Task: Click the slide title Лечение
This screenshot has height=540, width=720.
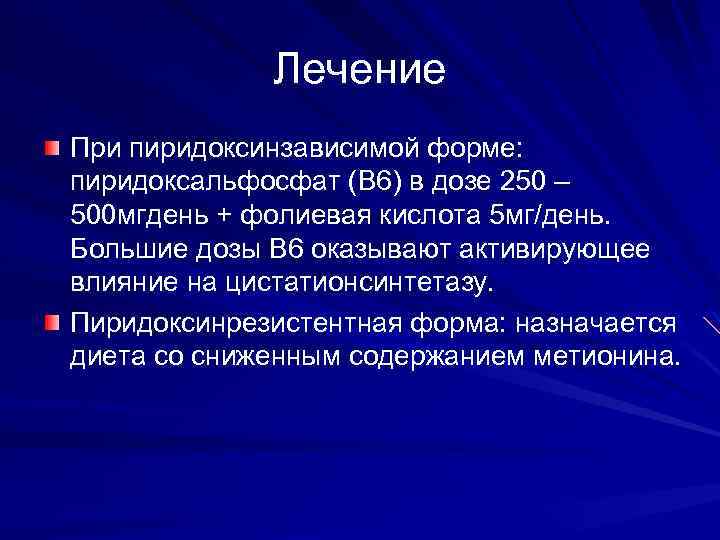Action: click(x=359, y=70)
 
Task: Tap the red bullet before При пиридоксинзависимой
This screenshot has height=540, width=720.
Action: click(x=52, y=149)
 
